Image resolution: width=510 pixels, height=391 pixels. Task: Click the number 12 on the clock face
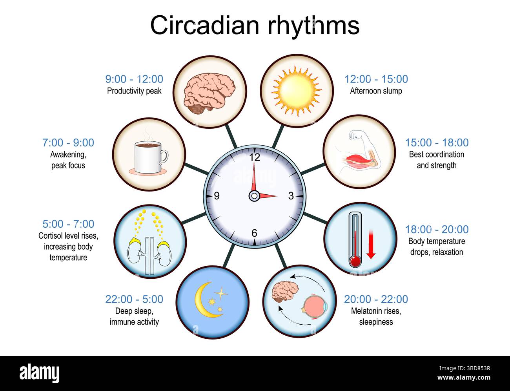tap(255, 157)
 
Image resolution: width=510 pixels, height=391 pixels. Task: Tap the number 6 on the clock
tap(254, 233)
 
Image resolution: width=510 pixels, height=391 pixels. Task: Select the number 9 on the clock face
tap(217, 195)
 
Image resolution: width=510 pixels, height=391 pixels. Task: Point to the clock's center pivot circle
tap(254, 195)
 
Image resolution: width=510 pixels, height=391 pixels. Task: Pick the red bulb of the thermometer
tap(355, 261)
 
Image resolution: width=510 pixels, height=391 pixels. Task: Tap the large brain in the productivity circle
tap(209, 93)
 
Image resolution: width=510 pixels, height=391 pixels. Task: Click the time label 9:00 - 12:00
tap(134, 79)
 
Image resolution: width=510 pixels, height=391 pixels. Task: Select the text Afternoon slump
tap(376, 91)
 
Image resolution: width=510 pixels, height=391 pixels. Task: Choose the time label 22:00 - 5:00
tap(134, 299)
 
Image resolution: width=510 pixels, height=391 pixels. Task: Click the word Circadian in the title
tap(205, 25)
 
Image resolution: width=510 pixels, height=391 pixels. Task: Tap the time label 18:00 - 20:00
tap(437, 229)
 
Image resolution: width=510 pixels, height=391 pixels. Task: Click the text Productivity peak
tap(134, 91)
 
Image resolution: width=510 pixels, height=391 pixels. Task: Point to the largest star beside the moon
tap(221, 293)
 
